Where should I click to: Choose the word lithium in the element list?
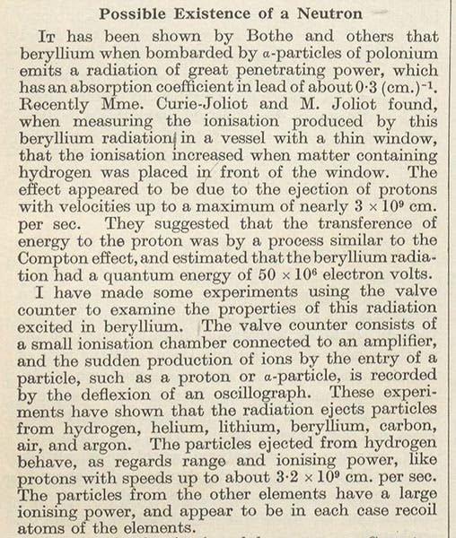(x=259, y=431)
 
